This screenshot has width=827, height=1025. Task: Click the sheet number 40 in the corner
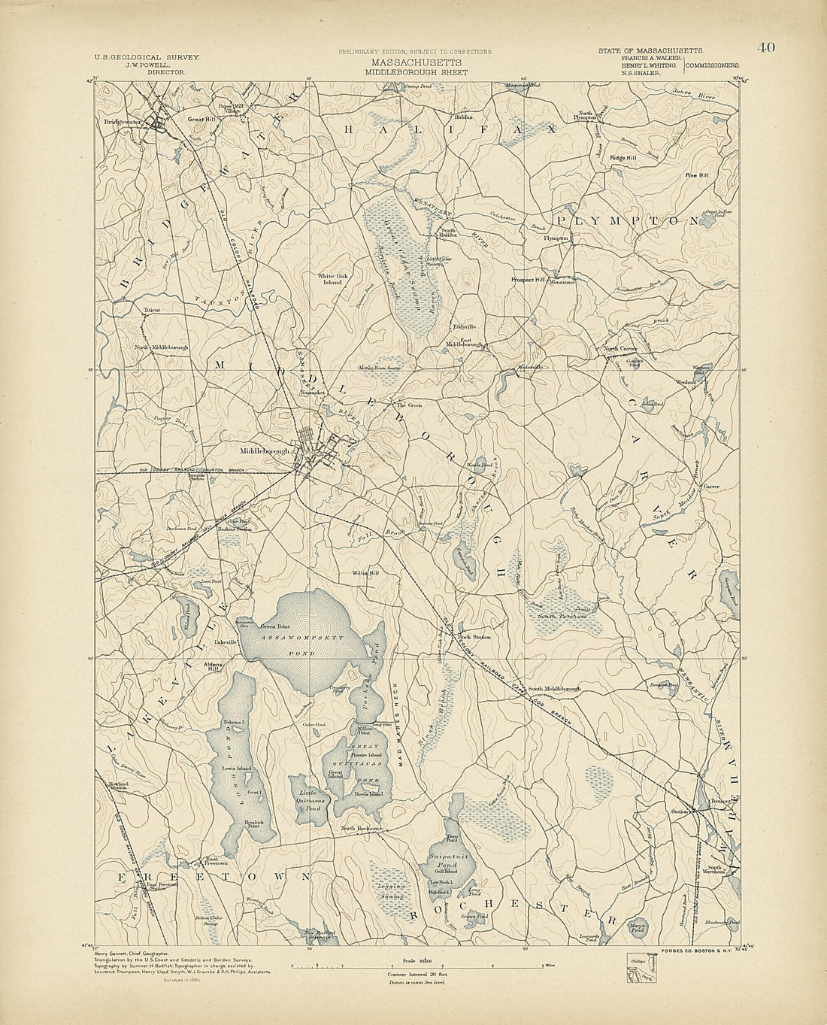[766, 48]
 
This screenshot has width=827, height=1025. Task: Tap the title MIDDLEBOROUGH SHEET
[416, 73]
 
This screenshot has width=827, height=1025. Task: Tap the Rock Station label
[475, 637]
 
